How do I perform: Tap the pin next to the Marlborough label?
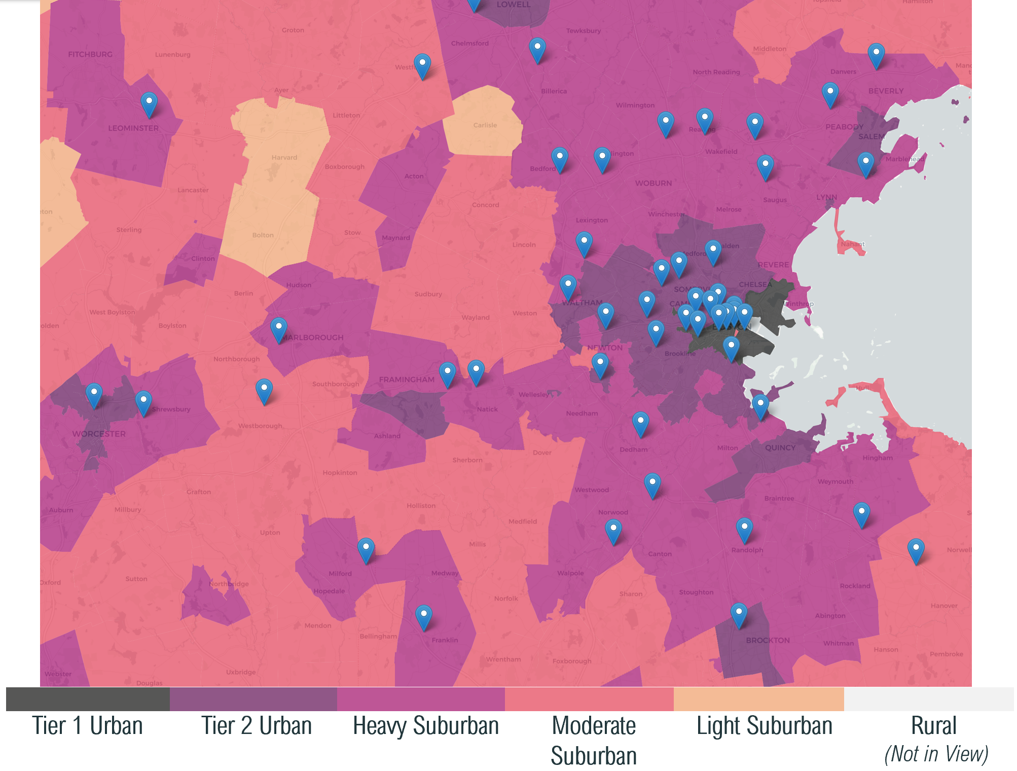tap(279, 329)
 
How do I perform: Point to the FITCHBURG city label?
tap(90, 54)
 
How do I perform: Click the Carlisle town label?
tap(485, 125)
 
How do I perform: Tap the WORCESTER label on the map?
tap(99, 434)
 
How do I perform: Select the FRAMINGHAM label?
tap(407, 379)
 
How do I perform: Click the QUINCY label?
tap(780, 448)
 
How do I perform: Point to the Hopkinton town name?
tap(340, 473)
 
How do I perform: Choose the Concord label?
tap(486, 205)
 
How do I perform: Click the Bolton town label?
tap(263, 235)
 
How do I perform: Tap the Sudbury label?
tap(428, 294)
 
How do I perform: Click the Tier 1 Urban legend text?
tap(87, 726)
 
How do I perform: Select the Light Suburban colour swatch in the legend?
tap(758, 699)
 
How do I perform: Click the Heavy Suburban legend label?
tap(426, 726)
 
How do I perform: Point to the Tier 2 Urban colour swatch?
tap(253, 699)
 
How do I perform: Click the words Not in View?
tap(936, 754)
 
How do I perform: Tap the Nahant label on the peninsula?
tap(852, 244)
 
